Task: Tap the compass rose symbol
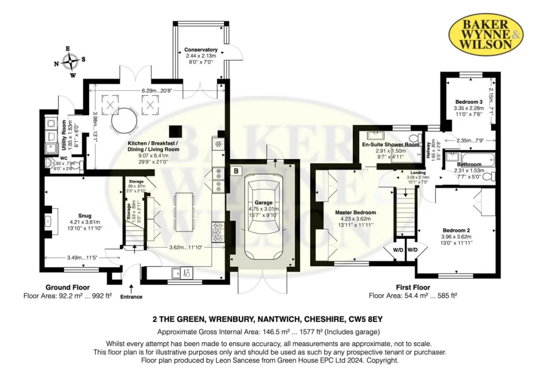(71, 62)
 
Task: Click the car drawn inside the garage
(264, 222)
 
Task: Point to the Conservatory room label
(201, 50)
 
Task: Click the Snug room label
(85, 216)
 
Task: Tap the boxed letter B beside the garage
(236, 170)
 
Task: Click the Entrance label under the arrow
(131, 297)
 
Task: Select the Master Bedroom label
(355, 212)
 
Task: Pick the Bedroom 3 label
(469, 102)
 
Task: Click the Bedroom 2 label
(456, 230)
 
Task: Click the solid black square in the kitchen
(175, 132)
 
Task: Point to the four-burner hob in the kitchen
(218, 232)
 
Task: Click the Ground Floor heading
(67, 287)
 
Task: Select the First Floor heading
(413, 287)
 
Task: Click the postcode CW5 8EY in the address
(365, 319)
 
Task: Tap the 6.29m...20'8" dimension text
(157, 91)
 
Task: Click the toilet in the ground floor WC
(78, 167)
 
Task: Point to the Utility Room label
(64, 135)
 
